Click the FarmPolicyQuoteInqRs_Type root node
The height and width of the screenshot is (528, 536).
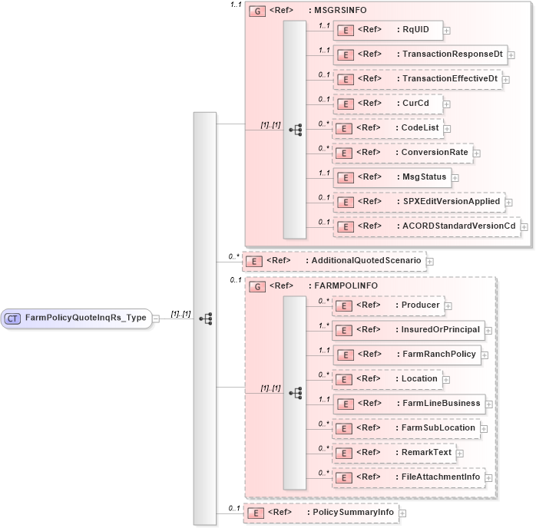[77, 318]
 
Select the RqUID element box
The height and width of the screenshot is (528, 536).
[387, 30]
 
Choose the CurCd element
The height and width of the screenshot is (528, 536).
[387, 103]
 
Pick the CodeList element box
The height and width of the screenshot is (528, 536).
[387, 127]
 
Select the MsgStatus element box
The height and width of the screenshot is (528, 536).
[391, 177]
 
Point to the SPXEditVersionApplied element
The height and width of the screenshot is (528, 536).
[419, 201]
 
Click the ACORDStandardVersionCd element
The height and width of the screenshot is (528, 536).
[425, 226]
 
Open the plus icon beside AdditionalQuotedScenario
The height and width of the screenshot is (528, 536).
[430, 261]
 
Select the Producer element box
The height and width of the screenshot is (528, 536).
[387, 305]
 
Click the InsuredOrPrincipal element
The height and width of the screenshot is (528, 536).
[408, 330]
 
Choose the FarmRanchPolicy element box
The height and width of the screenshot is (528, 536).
[408, 355]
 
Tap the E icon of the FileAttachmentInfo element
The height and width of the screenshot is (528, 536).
[346, 477]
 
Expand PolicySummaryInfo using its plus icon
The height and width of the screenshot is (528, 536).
[402, 513]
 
